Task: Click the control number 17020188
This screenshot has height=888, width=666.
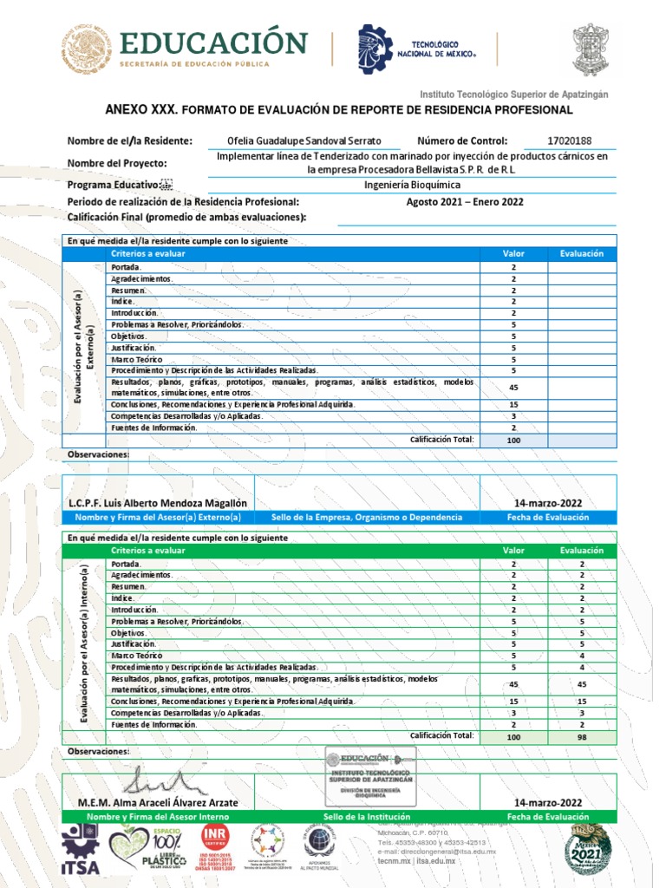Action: pos(570,140)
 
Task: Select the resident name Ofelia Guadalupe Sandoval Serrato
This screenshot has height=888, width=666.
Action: pos(304,141)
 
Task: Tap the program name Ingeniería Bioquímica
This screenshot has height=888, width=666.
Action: pos(412,185)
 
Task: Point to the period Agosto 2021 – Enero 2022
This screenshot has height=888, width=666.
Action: pos(465,202)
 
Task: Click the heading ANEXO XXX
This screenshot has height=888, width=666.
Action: pos(140,110)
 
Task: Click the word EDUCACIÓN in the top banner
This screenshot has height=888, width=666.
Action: pos(213,42)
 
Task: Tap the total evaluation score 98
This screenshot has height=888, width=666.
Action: pos(582,736)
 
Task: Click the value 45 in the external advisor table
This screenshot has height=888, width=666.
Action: pos(513,387)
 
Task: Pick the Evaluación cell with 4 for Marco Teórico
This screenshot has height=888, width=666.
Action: pos(582,656)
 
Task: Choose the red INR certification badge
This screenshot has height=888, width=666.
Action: pos(214,847)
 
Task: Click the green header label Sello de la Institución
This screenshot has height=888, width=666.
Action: pos(365,817)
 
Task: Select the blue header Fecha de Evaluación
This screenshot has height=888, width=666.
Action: pos(548,517)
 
